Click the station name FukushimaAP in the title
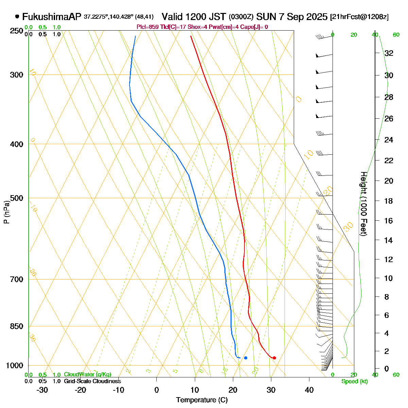(x=52, y=17)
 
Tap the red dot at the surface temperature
(x=274, y=358)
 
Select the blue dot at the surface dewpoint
(x=245, y=358)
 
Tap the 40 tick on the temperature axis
(x=309, y=390)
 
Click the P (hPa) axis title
(x=6, y=213)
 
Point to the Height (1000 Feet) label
(x=363, y=204)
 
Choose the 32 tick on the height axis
(x=389, y=53)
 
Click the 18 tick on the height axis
(x=389, y=201)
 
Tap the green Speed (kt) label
(x=355, y=381)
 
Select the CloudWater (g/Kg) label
(x=87, y=374)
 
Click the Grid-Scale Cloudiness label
(x=92, y=381)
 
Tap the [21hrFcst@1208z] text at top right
(x=359, y=17)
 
